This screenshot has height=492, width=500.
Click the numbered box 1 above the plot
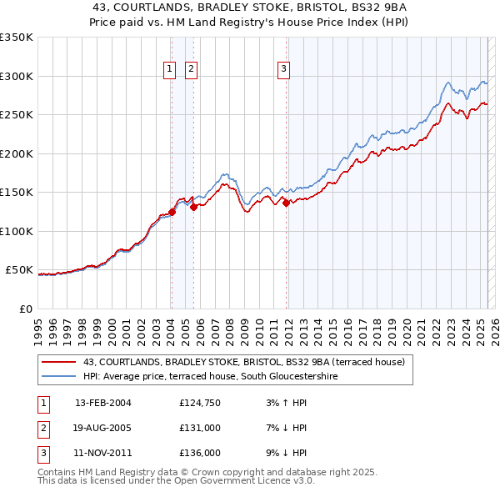pyautogui.click(x=169, y=69)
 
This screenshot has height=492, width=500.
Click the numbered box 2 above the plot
pyautogui.click(x=191, y=69)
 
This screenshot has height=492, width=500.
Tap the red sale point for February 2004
pyautogui.click(x=172, y=212)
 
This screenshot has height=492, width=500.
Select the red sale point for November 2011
pyautogui.click(x=286, y=203)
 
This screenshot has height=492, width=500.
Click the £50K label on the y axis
pyautogui.click(x=20, y=270)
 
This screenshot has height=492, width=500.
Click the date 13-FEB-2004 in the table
pyautogui.click(x=103, y=403)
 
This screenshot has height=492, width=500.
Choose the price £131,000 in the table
pyautogui.click(x=200, y=428)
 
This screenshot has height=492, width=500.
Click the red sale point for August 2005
pyautogui.click(x=193, y=207)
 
